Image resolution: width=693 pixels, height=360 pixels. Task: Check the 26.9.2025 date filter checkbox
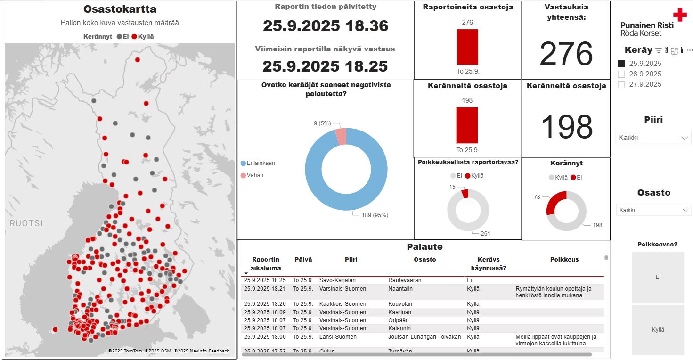tap(621, 74)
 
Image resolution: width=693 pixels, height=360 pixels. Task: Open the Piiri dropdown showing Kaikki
tap(653, 138)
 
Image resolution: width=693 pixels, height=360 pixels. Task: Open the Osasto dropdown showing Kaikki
tap(653, 210)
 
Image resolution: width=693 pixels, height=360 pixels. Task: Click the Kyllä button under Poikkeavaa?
tap(658, 330)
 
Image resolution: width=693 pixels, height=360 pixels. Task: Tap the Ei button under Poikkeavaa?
tap(658, 277)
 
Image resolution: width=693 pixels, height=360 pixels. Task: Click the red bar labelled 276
tap(467, 47)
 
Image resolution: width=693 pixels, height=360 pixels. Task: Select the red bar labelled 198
tap(467, 125)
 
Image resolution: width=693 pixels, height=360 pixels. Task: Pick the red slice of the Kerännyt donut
tap(554, 202)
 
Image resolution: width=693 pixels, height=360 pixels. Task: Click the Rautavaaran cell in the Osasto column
tap(405, 280)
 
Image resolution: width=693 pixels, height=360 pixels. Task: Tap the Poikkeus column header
tap(564, 260)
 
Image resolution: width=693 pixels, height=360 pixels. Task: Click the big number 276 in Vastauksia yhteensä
tap(566, 54)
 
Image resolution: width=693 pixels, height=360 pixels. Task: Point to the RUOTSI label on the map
tap(26, 223)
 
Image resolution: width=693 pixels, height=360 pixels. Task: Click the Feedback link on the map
tap(219, 351)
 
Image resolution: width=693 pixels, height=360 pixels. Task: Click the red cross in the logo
tap(680, 15)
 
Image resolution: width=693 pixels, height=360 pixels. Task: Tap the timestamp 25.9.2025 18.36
tap(326, 26)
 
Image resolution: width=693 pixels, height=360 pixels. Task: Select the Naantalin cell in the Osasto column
tap(401, 288)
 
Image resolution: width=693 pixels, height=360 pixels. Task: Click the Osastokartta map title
tap(120, 9)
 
